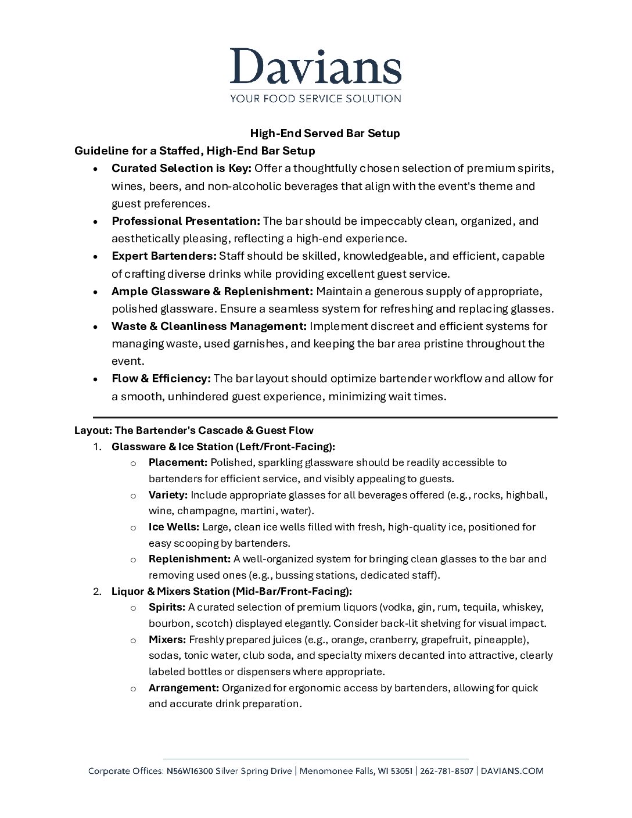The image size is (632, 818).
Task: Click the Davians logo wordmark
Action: (x=315, y=66)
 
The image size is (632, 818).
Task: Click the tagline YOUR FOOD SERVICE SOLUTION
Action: (x=315, y=99)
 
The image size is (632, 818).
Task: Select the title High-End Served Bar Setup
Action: (x=325, y=134)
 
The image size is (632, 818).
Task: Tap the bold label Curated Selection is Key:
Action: (x=181, y=168)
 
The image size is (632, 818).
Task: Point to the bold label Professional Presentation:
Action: (x=186, y=221)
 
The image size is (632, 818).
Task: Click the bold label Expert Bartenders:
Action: (x=164, y=256)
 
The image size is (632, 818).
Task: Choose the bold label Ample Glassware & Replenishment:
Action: (x=212, y=292)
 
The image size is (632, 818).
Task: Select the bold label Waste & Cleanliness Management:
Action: (x=209, y=327)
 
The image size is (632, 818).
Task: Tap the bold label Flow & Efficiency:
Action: (x=161, y=379)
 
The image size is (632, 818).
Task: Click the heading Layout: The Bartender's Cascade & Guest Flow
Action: (x=194, y=430)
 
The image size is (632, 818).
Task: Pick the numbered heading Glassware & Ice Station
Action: (x=223, y=447)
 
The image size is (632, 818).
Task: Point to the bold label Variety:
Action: (x=168, y=495)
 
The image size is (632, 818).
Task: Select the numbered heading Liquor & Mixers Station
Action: (x=231, y=591)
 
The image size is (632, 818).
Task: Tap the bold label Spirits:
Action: (x=167, y=608)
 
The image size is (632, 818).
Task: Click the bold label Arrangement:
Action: (x=184, y=688)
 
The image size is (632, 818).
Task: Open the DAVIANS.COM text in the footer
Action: (x=512, y=771)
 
